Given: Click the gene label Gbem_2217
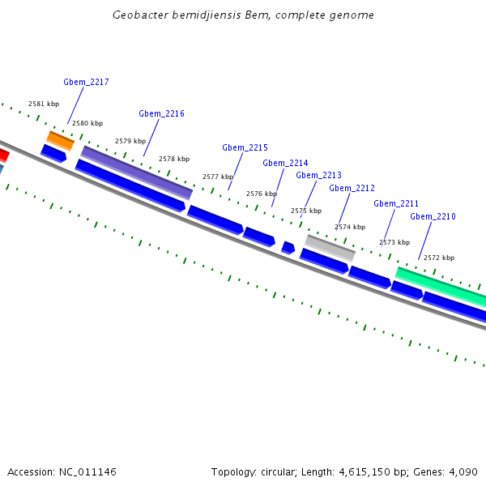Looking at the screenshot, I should click(x=86, y=82).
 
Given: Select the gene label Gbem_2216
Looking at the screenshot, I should click(x=161, y=113).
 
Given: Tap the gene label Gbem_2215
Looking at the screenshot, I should click(x=245, y=147).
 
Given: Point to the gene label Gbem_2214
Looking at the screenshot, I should click(x=285, y=163).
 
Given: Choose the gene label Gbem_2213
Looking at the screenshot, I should click(x=318, y=175).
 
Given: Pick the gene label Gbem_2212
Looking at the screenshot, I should click(x=352, y=188).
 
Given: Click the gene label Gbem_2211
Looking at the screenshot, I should click(x=396, y=203).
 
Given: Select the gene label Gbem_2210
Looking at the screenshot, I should click(x=433, y=216).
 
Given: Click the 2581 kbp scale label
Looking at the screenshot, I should click(x=44, y=104).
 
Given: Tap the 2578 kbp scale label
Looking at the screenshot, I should click(x=174, y=159).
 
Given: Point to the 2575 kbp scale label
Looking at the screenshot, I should click(x=305, y=211).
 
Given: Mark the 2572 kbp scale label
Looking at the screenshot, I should click(x=439, y=258).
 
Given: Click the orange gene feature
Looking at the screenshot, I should click(x=61, y=140).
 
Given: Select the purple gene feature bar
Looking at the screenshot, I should click(x=136, y=172).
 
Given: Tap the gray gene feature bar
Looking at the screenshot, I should click(x=330, y=246).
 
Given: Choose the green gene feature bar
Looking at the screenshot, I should click(x=441, y=287).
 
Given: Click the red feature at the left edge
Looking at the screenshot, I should click(x=3, y=154).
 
